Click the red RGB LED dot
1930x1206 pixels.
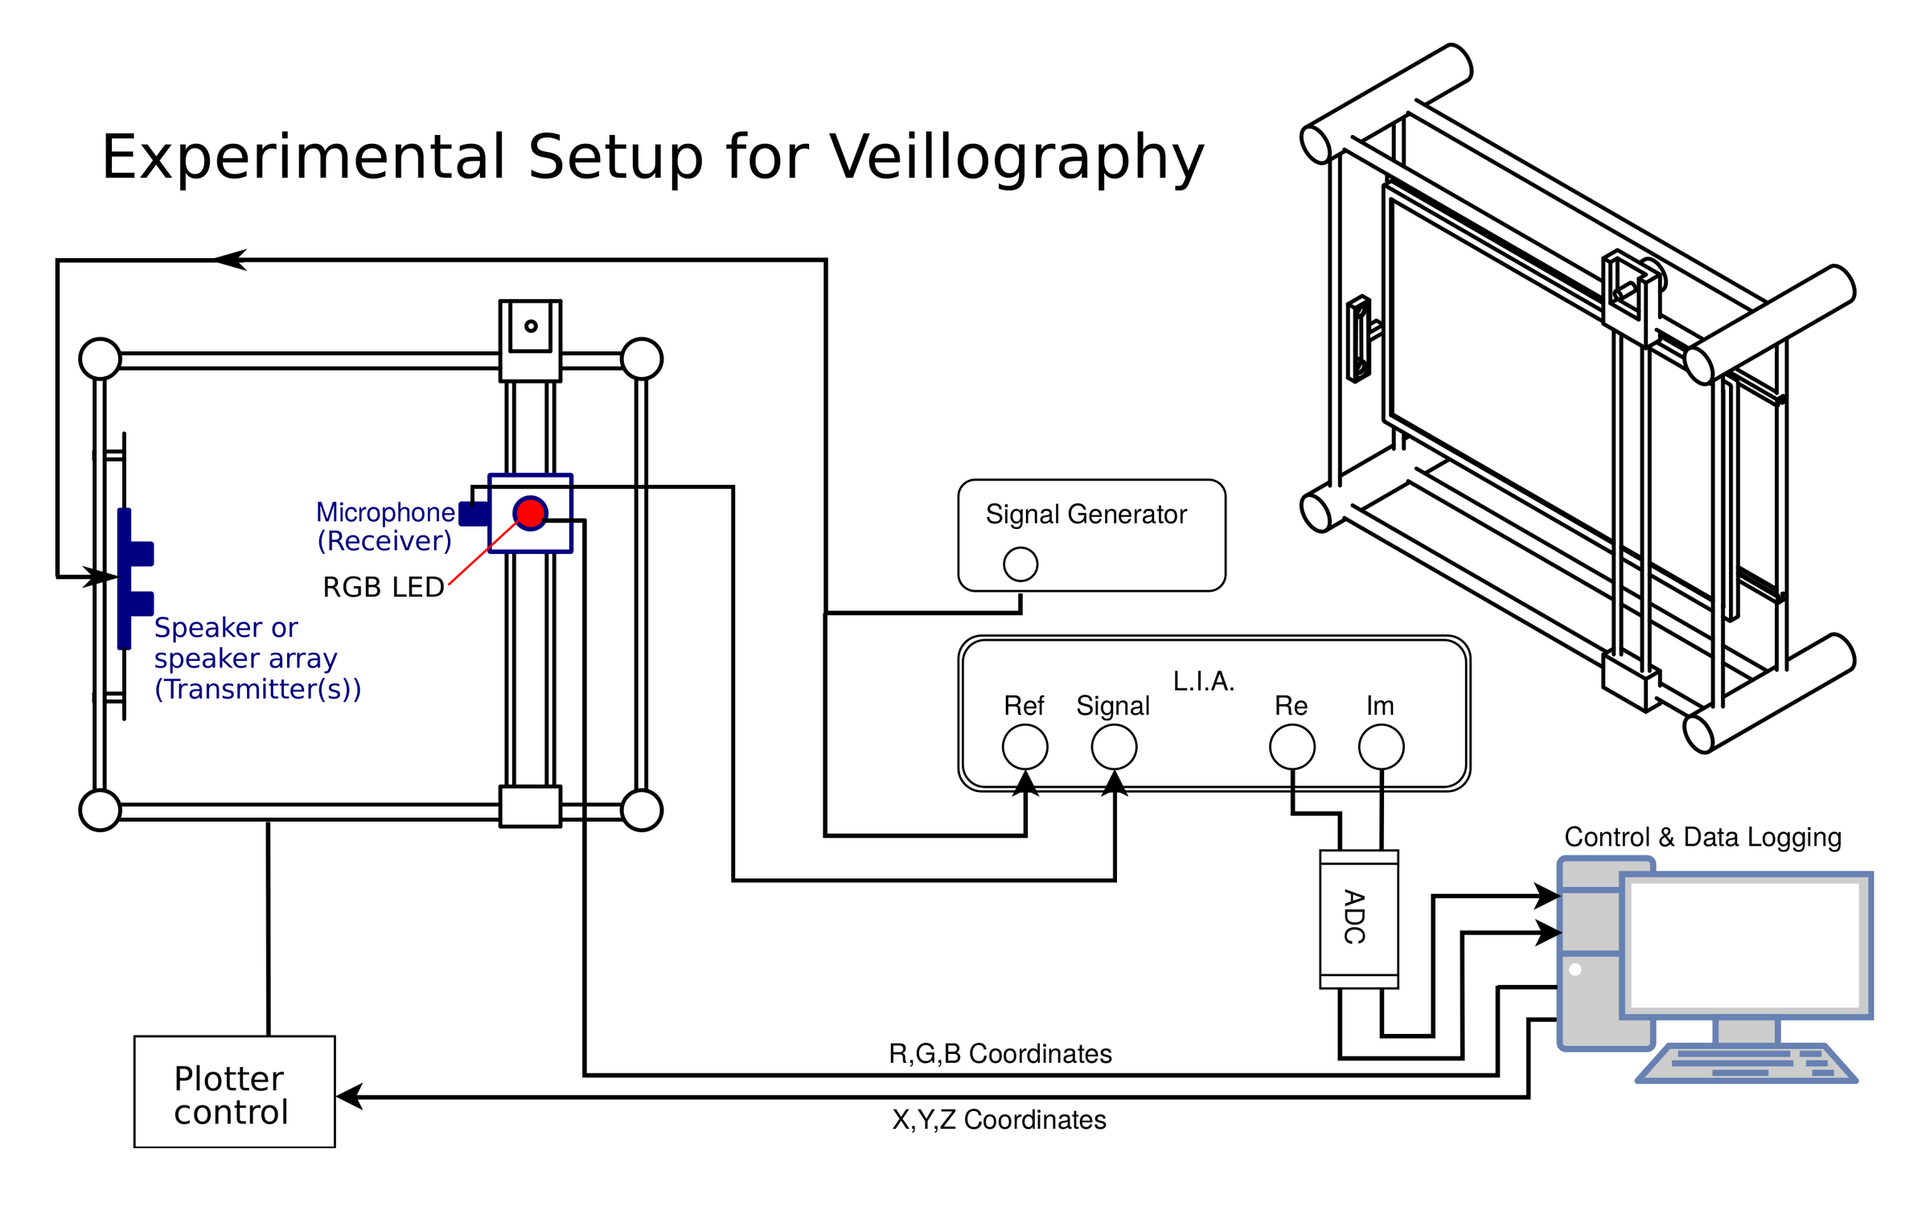530,513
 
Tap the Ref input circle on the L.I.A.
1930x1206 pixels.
1025,747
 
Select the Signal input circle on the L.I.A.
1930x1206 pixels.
1114,747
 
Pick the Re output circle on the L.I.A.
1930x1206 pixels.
1291,747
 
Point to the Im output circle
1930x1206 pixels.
1381,747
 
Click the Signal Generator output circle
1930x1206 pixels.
1020,564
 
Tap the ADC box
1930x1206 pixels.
1358,918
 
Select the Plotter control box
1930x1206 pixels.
234,1091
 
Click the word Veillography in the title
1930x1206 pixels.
1016,157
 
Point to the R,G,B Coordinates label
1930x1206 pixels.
1000,1053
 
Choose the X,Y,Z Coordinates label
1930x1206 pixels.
999,1119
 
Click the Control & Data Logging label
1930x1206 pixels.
1702,837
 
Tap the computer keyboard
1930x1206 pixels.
1747,1063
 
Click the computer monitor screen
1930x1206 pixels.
1745,944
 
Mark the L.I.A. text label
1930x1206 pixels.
1203,681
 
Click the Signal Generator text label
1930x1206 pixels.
1086,514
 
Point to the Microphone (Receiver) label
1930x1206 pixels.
385,526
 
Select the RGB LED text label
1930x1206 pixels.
383,587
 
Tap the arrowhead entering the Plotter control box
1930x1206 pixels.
349,1096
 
